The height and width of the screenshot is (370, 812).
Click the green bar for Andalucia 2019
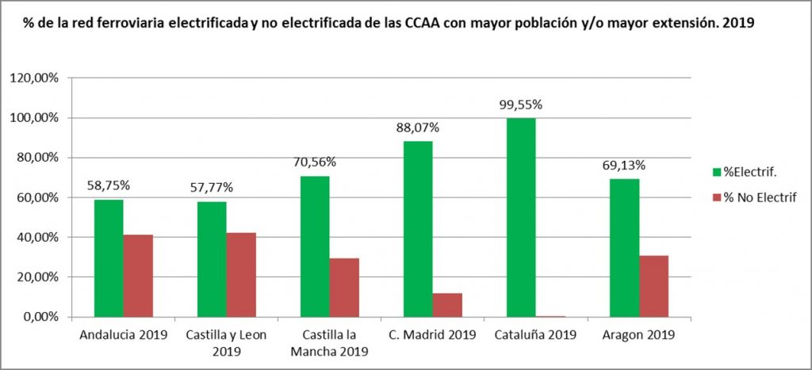coord(109,258)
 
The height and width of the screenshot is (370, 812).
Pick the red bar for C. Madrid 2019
coord(447,305)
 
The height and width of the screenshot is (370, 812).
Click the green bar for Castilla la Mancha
coord(315,246)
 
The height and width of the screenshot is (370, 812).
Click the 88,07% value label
coord(418,128)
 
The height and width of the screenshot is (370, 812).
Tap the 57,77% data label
coord(211,189)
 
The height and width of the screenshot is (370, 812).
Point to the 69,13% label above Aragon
coord(623,166)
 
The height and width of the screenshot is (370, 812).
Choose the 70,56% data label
coord(315,162)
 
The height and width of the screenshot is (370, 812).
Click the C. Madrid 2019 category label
coord(432,334)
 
